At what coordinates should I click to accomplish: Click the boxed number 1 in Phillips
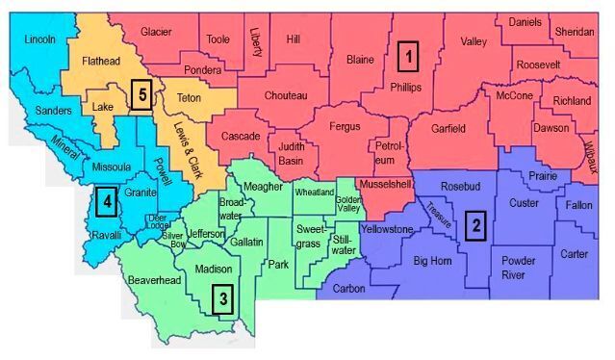click(408, 56)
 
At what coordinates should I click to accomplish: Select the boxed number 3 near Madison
click(223, 298)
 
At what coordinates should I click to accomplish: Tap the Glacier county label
click(156, 32)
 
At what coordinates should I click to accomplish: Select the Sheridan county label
click(575, 32)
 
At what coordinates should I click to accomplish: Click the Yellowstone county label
click(387, 229)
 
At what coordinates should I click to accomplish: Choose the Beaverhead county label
click(154, 281)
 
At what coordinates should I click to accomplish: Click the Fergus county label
click(345, 126)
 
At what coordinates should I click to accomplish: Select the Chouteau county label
click(286, 95)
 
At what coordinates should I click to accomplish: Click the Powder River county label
click(518, 267)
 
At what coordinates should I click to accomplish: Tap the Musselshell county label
click(385, 183)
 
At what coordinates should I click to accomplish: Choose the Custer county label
click(524, 203)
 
